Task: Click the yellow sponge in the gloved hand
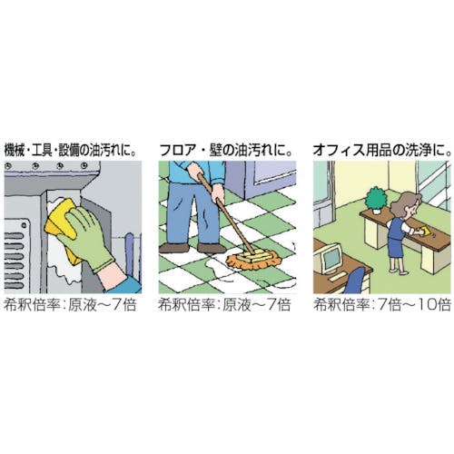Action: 62,225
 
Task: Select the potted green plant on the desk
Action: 376,201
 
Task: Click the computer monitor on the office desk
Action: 331,258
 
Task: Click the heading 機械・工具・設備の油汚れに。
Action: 70,151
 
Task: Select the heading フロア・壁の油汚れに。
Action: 225,151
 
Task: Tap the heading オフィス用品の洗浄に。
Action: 382,151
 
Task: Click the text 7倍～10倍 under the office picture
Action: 414,305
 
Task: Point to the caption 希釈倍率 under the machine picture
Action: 33,305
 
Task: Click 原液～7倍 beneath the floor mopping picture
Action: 256,305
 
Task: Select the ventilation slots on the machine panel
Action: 14,261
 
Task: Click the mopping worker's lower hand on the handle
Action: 219,194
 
